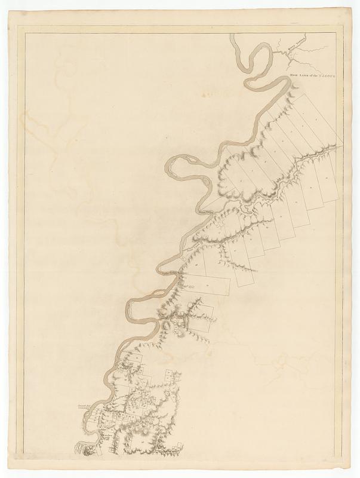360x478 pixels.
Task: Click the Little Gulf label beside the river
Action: click(x=171, y=274)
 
